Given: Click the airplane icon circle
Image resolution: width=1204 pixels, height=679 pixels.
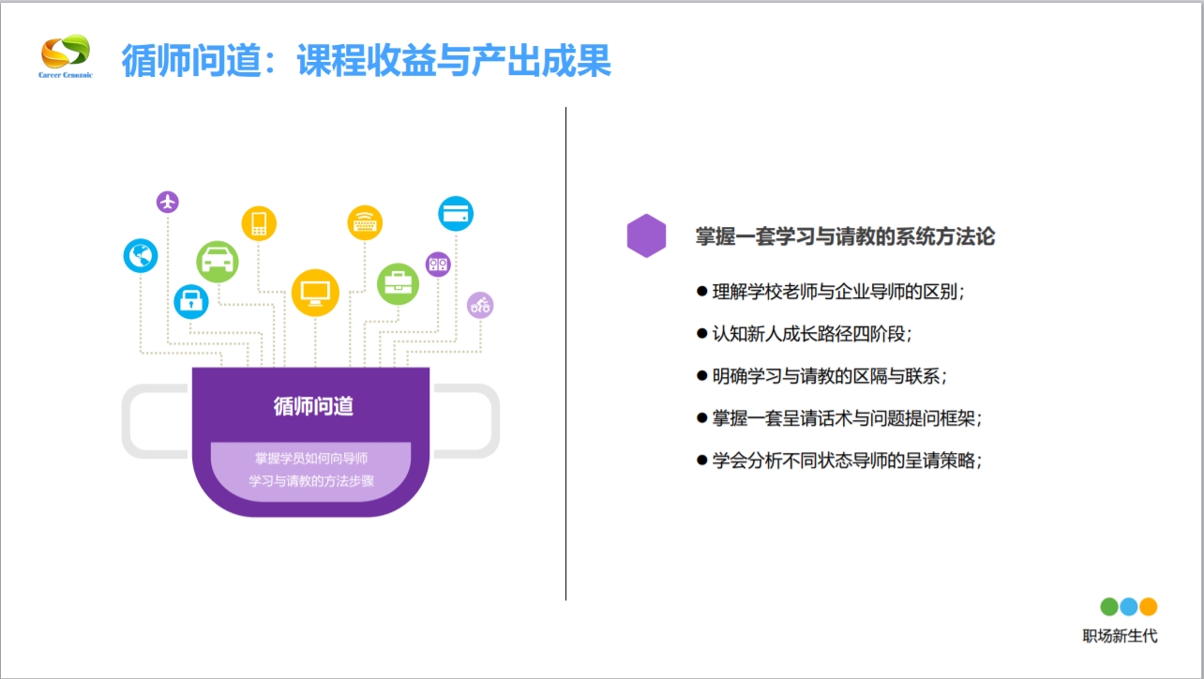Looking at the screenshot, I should [x=168, y=202].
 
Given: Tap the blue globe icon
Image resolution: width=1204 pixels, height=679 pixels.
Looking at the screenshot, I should [x=141, y=255].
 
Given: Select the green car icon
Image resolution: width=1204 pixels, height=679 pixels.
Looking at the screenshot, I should [x=218, y=261].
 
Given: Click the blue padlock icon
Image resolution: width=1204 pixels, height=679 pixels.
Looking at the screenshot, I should [x=191, y=301].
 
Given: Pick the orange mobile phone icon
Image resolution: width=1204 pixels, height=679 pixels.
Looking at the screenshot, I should [x=259, y=223].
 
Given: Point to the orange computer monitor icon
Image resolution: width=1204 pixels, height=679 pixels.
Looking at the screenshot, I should [x=314, y=292].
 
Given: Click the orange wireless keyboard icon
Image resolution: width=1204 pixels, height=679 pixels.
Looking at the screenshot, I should [x=365, y=223].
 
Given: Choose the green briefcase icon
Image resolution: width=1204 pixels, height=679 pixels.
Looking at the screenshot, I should [x=398, y=283].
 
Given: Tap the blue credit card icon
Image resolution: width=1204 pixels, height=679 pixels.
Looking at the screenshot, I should [x=456, y=214].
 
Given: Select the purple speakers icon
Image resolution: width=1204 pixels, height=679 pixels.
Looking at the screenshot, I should [x=438, y=264].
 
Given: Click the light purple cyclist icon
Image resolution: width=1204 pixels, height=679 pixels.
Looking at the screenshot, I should [x=480, y=305].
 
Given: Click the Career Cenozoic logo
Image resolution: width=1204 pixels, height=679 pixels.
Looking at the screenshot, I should [x=66, y=58].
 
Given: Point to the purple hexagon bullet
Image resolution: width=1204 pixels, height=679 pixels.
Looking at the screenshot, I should [x=646, y=235].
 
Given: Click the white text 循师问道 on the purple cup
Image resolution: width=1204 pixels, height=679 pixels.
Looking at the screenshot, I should [x=313, y=406].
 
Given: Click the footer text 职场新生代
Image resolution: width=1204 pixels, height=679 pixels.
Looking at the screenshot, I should [x=1120, y=636].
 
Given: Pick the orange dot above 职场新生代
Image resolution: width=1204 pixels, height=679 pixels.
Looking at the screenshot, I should [x=1148, y=607].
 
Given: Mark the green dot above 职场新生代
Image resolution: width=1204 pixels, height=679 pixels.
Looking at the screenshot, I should [x=1109, y=607].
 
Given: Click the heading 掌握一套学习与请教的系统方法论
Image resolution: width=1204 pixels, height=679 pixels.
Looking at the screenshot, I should [x=845, y=236].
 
